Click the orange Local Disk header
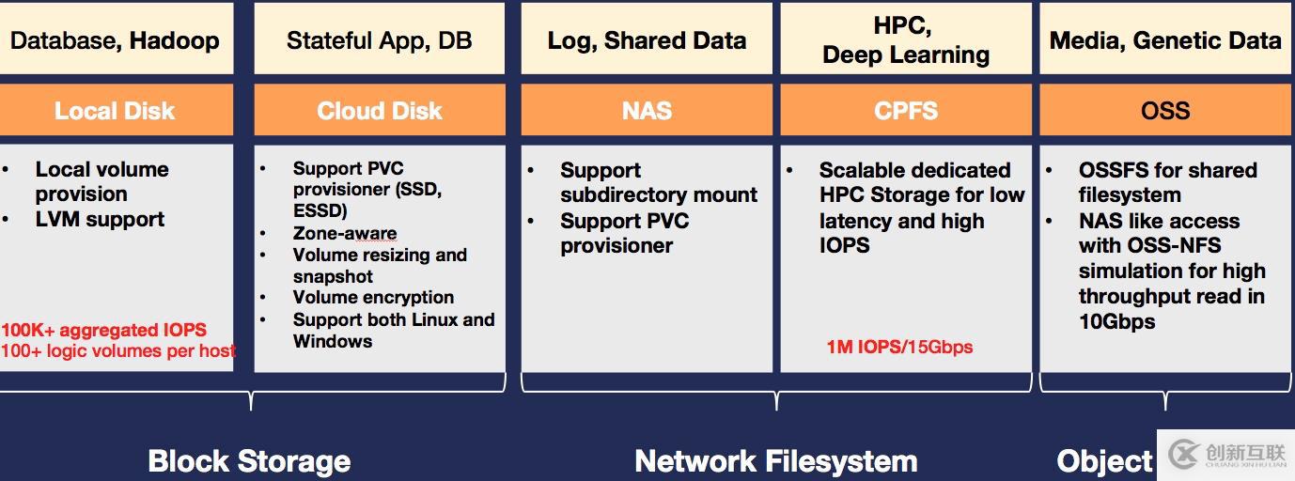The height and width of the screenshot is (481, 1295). click(x=115, y=111)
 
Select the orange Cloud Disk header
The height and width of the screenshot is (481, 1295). click(x=379, y=111)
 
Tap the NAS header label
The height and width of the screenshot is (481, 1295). click(x=647, y=111)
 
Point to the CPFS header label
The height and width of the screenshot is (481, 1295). click(x=906, y=111)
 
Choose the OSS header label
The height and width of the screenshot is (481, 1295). click(x=1165, y=111)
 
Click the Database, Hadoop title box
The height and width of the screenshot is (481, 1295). click(x=115, y=40)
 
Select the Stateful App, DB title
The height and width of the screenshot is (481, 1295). click(x=379, y=40)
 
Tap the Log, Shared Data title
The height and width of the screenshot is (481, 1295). click(x=647, y=40)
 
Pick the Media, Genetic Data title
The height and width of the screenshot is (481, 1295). click(x=1165, y=40)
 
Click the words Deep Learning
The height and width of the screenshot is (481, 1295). click(x=906, y=55)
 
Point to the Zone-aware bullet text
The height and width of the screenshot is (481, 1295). click(x=344, y=233)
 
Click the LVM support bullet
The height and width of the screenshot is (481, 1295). click(x=100, y=219)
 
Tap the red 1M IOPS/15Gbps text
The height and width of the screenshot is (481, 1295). click(x=899, y=347)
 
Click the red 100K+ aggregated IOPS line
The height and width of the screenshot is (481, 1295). click(x=103, y=330)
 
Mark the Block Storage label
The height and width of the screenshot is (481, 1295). click(x=249, y=461)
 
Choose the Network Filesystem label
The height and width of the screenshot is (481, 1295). click(x=776, y=461)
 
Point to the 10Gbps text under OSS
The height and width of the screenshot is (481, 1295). click(x=1116, y=321)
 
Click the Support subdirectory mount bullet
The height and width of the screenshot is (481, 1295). click(x=658, y=182)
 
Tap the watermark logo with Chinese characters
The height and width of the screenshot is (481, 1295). click(x=1227, y=455)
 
